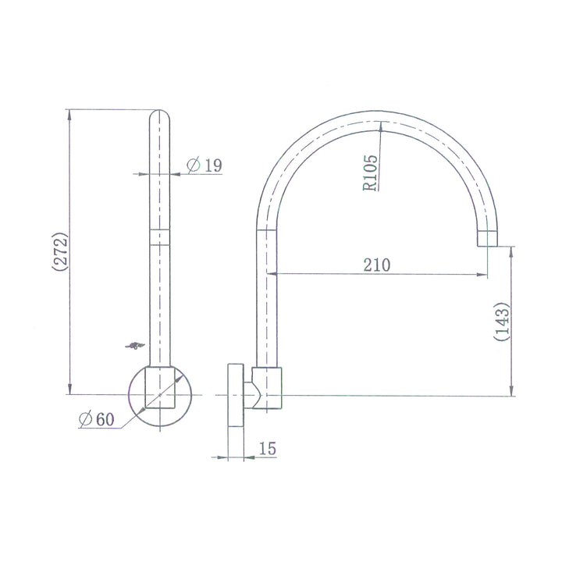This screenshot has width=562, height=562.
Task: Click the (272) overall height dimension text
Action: tap(60, 251)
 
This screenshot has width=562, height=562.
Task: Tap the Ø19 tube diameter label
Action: tap(205, 165)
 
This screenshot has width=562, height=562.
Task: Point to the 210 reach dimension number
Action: tap(376, 265)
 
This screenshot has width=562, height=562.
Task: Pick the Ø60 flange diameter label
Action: tap(96, 419)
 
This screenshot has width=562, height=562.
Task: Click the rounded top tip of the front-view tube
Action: tap(160, 114)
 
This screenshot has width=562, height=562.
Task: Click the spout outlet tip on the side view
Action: tap(488, 239)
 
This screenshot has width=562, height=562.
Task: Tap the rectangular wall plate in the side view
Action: tap(234, 396)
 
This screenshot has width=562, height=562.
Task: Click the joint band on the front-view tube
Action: tap(160, 237)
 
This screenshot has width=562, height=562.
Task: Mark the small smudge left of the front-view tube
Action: tap(135, 344)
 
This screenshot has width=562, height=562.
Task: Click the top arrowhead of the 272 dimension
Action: tap(70, 114)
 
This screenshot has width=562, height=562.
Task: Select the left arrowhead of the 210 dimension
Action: tap(274, 275)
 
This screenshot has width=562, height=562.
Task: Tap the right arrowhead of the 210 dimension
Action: tap(483, 275)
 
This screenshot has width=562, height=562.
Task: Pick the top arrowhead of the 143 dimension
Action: tap(512, 251)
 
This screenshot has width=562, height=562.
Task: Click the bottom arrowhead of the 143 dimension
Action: tap(512, 392)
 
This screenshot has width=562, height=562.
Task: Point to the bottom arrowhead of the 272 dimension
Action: tap(70, 390)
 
